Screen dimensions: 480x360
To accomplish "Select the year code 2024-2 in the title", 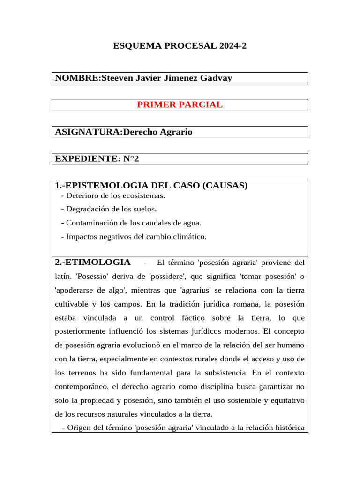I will pos(230,46).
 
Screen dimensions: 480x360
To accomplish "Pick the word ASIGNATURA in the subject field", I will pos(87,132).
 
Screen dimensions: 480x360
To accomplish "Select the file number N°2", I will pos(131,159).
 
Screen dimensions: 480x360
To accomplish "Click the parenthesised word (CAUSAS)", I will pos(225,186).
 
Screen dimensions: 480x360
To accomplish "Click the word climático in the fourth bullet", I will pos(189,237).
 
